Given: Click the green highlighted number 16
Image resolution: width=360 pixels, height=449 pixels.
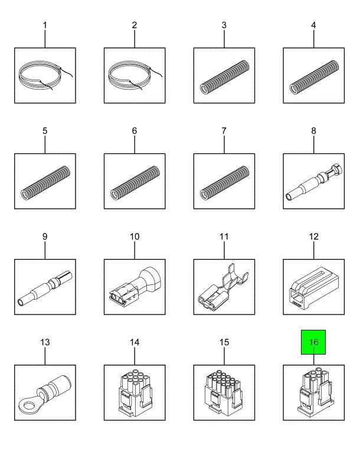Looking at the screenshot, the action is coord(313,342).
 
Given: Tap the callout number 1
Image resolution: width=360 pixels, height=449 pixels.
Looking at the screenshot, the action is coord(45,25).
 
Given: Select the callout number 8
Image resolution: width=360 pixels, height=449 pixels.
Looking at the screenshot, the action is coord(313,131).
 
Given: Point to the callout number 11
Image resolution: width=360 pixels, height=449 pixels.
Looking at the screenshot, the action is coord(224,237).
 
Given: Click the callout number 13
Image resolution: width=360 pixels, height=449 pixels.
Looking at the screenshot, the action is coord(45,342).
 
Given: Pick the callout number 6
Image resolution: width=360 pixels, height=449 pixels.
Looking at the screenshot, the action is coord(135,131).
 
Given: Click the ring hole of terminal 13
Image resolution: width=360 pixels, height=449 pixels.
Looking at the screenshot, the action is coord(29,405).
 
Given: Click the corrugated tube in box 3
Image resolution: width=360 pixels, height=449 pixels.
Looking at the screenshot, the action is coord(224,77).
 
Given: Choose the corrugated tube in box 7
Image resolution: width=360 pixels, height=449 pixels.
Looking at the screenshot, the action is coord(224,183).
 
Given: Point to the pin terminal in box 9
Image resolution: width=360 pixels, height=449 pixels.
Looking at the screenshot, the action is coord(45,289).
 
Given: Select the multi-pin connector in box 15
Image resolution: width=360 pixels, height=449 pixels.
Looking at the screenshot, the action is coord(224,392).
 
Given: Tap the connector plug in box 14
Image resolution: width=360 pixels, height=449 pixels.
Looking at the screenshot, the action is coord(135,392).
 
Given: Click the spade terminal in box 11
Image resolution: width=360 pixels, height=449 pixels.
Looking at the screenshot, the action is coord(222,288).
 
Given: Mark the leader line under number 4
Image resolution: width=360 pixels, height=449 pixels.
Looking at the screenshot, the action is coord(313,39).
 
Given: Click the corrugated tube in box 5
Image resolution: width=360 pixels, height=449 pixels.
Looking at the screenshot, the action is coord(45,183).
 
